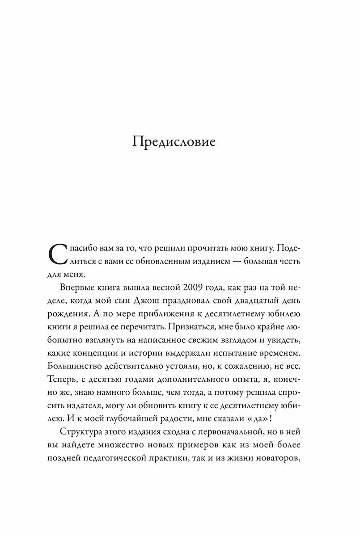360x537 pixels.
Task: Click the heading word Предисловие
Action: click(181, 142)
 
